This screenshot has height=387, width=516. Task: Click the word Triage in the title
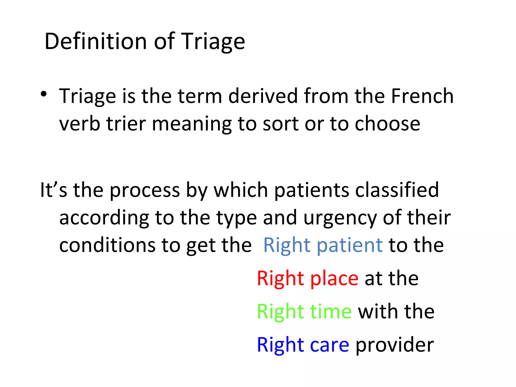click(x=213, y=42)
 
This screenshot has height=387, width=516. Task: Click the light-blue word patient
click(x=350, y=246)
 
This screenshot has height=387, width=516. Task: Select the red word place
click(x=334, y=279)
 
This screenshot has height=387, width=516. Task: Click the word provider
click(x=395, y=345)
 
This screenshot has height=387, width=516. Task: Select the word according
click(x=104, y=218)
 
